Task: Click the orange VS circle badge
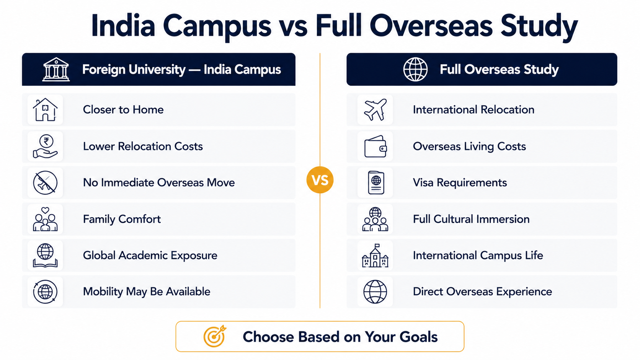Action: click(320, 180)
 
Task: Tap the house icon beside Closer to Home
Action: click(45, 110)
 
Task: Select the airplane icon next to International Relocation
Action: click(375, 110)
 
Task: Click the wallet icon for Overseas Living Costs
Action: click(376, 146)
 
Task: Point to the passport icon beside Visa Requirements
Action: click(376, 183)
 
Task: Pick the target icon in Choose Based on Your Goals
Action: click(215, 336)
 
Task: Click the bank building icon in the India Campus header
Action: click(56, 69)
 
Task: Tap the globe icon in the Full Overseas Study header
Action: click(415, 69)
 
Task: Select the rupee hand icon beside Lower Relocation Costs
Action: click(46, 146)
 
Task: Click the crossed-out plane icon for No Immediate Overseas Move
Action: click(45, 183)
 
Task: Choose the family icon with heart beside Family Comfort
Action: click(45, 219)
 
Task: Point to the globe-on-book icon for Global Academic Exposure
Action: click(45, 255)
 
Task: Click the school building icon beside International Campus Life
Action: click(375, 255)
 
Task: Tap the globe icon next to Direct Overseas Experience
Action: click(375, 292)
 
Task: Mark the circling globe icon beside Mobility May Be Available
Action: click(45, 292)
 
